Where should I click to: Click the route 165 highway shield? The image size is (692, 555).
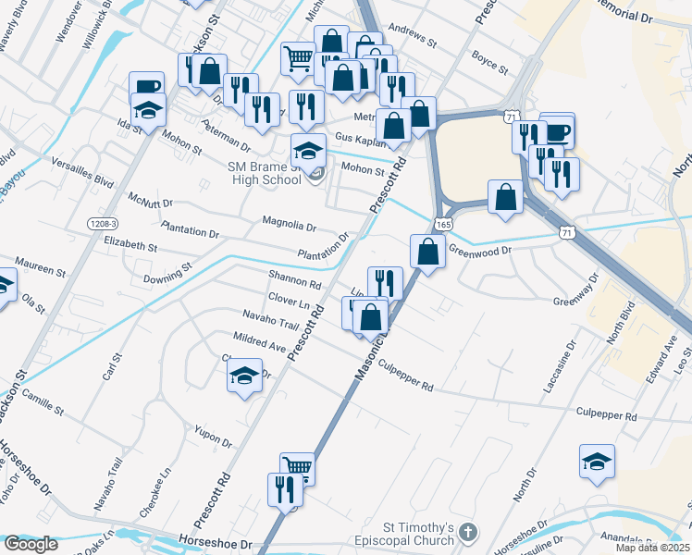[x=443, y=225]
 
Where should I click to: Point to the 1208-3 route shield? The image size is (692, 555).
[x=104, y=224]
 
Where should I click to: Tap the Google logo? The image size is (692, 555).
[x=31, y=544]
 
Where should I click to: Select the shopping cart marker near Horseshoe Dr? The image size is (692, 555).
[x=297, y=468]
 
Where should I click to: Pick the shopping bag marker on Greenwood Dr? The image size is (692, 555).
[x=427, y=251]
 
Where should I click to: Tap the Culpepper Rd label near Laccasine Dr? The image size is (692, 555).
[x=606, y=416]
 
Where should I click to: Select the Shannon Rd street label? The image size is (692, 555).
[x=294, y=279]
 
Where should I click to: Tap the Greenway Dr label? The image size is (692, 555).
[x=578, y=302]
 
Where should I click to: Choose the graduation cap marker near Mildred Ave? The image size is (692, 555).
[x=243, y=376]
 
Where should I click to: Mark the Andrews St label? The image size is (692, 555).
[x=413, y=37]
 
